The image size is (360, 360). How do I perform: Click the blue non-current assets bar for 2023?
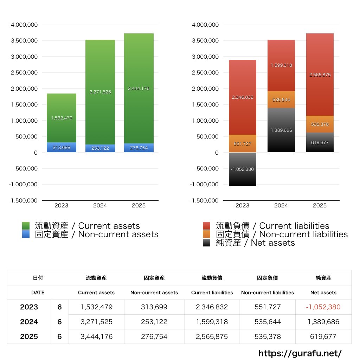tap(62, 147)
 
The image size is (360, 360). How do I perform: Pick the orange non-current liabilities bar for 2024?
tap(281, 99)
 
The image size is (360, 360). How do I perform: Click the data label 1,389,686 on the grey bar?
tap(281, 130)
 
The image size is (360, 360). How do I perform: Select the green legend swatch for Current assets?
tap(26, 226)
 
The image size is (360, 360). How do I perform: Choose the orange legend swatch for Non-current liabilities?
tap(207, 234)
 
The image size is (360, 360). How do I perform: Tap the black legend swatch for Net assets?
tap(207, 243)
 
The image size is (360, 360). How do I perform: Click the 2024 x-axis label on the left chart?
tap(100, 205)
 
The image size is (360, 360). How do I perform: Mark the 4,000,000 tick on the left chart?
tap(24, 25)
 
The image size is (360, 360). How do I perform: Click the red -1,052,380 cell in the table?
tap(323, 307)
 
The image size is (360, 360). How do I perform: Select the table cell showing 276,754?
tap(154, 336)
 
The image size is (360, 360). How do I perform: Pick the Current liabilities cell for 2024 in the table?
tap(212, 322)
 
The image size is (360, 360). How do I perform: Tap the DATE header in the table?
tap(38, 292)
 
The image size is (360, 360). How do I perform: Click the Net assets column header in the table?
tap(323, 292)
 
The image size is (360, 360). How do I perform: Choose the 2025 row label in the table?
tap(29, 336)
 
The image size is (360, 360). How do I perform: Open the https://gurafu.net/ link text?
tap(300, 353)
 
